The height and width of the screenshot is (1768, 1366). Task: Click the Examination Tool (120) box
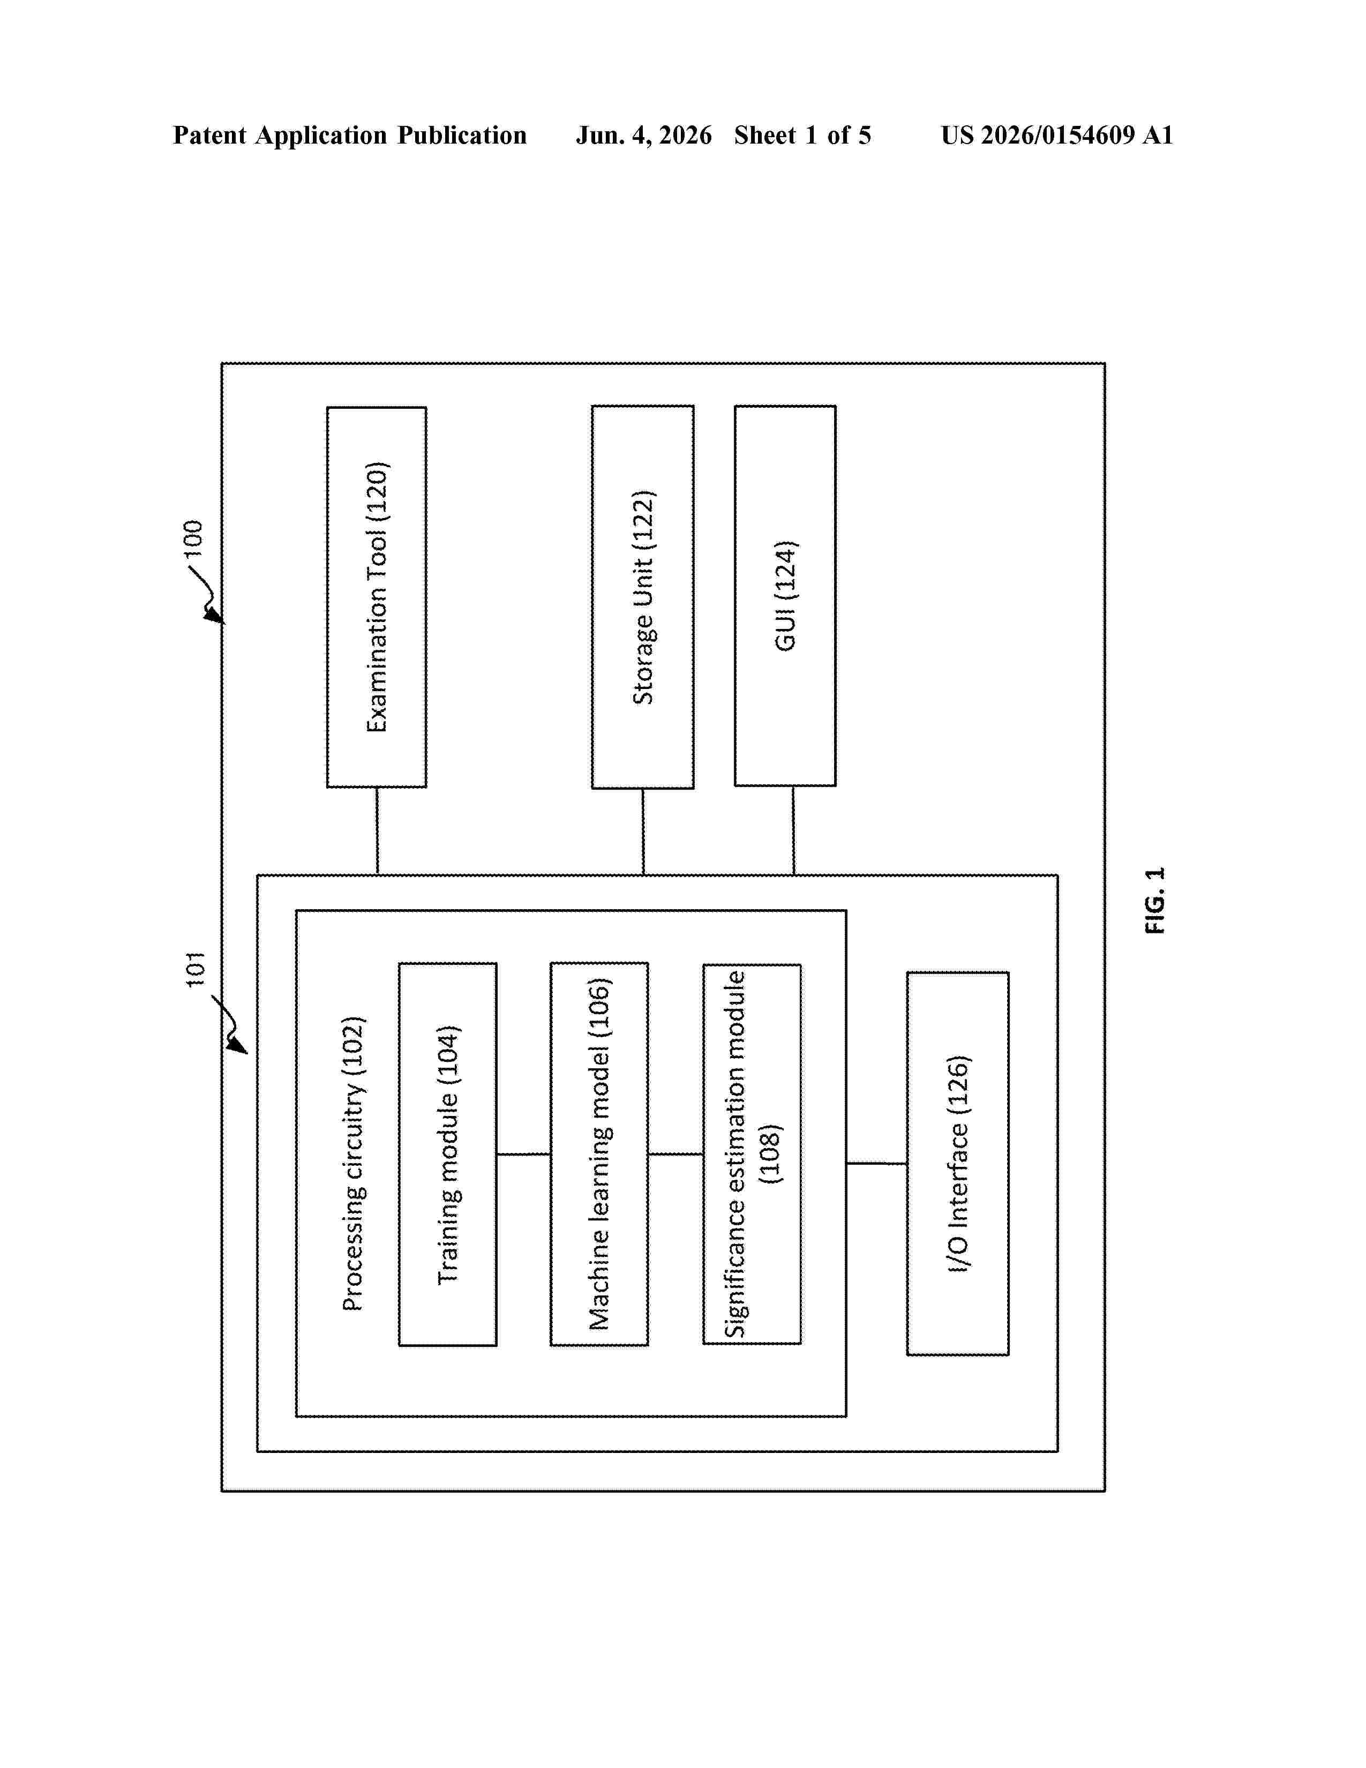(376, 597)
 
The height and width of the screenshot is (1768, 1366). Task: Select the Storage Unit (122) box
(642, 597)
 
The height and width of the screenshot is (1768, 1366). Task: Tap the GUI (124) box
(785, 596)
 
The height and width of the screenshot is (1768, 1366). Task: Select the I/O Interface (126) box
(957, 1163)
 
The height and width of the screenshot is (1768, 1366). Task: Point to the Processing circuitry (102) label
(354, 1163)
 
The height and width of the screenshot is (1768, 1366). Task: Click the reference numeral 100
(193, 538)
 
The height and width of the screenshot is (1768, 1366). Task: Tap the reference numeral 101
(195, 969)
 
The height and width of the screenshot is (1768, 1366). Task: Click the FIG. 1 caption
(1155, 900)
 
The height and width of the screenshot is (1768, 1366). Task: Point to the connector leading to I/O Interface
(876, 1163)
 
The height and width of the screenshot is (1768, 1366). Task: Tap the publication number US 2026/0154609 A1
(1057, 135)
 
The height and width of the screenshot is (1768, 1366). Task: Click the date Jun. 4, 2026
(644, 135)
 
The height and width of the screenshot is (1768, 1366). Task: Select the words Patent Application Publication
(350, 135)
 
